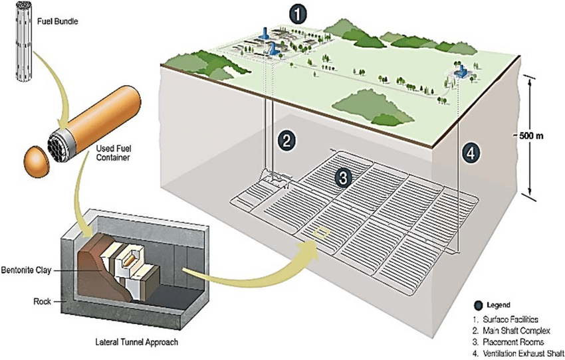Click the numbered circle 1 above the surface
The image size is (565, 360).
[300, 11]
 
